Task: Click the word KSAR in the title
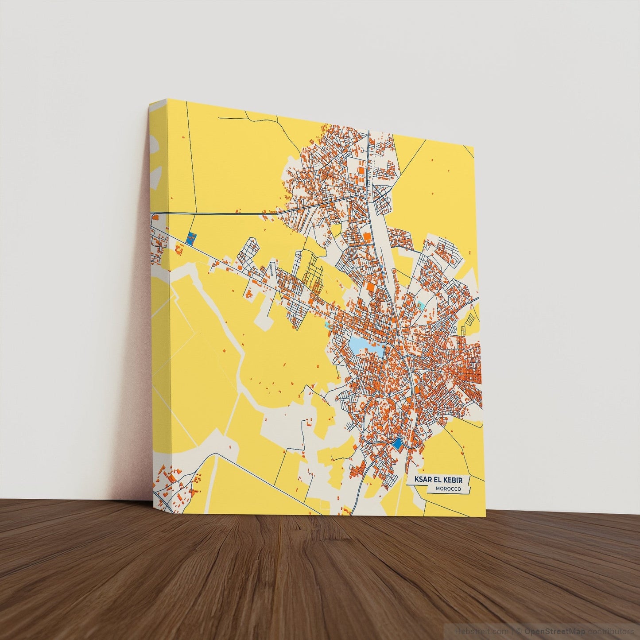pos(422,480)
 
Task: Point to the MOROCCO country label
pos(448,489)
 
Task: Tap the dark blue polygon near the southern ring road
pos(397,443)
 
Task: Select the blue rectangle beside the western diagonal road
pos(191,239)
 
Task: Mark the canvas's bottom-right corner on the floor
pos(485,516)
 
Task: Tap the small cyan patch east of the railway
pos(420,305)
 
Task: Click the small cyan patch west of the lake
pos(328,325)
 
